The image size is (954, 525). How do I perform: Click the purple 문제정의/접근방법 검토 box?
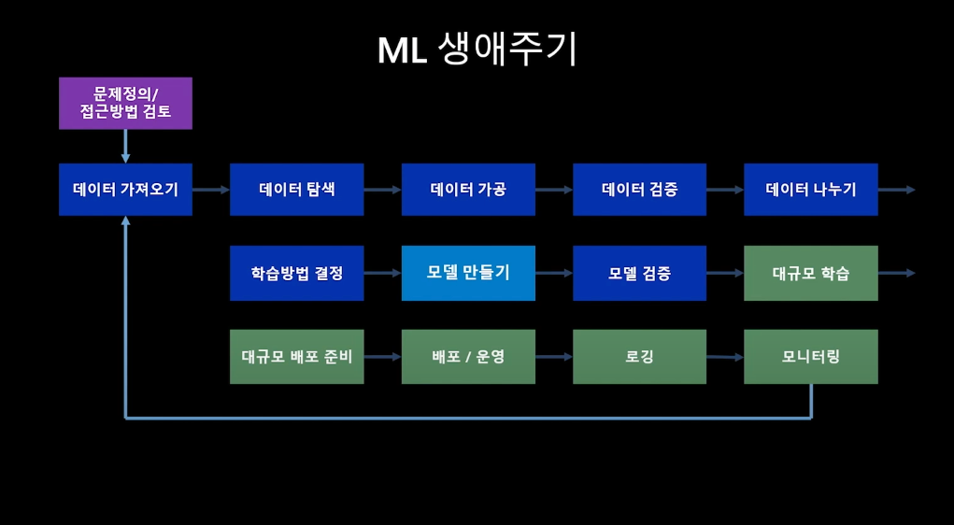click(125, 104)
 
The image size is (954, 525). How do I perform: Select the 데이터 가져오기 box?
click(125, 190)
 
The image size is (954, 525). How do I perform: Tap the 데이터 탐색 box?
click(297, 190)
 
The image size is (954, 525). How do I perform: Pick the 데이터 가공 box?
click(468, 190)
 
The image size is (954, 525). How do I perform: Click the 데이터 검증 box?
click(639, 190)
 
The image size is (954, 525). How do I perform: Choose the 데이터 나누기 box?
click(811, 190)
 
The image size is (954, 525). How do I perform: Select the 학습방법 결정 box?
click(297, 273)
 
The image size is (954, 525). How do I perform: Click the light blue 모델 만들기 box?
click(468, 273)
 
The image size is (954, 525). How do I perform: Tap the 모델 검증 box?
click(639, 273)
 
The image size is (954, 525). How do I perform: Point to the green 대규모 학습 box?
click(811, 273)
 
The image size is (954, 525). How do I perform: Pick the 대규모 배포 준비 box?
click(297, 357)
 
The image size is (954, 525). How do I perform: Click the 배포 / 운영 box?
click(468, 357)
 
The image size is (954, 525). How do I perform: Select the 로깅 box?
click(639, 357)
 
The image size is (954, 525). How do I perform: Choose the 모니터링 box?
click(811, 357)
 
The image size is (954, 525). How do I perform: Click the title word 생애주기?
click(506, 50)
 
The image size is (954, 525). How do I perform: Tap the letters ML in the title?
click(402, 51)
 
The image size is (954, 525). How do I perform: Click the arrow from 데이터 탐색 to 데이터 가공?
click(383, 190)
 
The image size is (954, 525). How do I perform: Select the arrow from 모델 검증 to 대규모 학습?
click(725, 273)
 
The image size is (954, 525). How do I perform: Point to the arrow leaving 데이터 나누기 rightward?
click(896, 190)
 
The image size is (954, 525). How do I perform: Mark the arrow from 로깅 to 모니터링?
click(725, 357)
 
